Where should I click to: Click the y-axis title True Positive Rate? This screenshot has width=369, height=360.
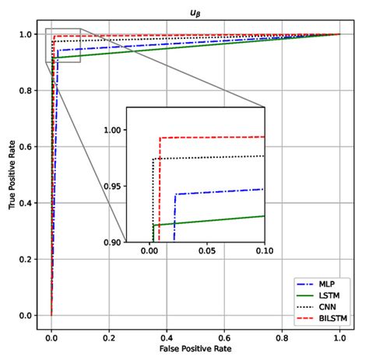[x=13, y=174]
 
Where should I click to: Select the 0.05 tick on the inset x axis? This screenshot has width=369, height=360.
[x=207, y=252]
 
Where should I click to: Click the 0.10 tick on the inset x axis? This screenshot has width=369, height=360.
[x=265, y=252]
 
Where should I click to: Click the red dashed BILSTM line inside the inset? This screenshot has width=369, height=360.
[x=210, y=138]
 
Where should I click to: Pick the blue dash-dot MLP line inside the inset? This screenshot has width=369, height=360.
[x=218, y=192]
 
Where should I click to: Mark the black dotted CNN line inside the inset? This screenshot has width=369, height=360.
[x=210, y=158]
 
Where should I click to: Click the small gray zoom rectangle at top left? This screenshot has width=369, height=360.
[x=63, y=46]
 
